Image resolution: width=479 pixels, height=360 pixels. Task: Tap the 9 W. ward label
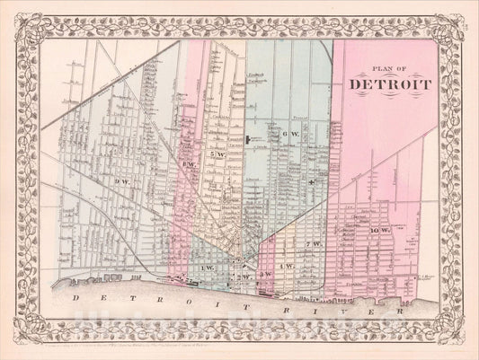tap(122, 183)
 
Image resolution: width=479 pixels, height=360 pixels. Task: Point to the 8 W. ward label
tap(191, 164)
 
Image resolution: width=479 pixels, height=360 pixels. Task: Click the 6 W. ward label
tap(289, 134)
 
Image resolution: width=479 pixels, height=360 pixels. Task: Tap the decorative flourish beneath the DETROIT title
tap(390, 96)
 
